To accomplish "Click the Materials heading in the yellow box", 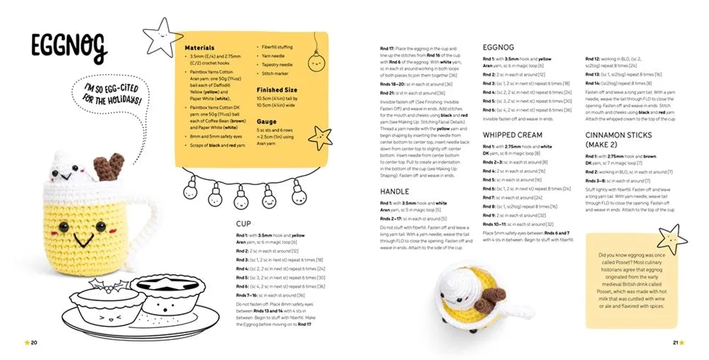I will (x=200, y=47).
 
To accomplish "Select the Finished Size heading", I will (x=277, y=90).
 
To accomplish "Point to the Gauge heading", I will (x=267, y=121).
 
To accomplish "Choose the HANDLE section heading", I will (x=396, y=191).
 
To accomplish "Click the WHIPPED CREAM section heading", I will (x=513, y=135).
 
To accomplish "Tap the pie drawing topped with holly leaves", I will (x=105, y=298).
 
